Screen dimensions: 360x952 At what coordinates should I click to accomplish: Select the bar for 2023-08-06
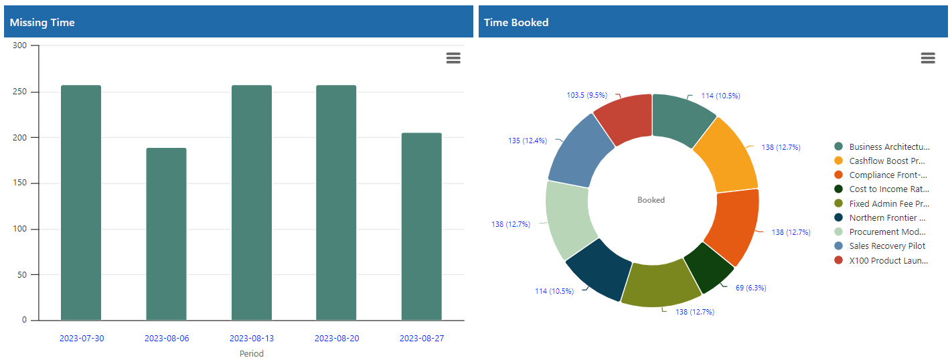[x=166, y=234]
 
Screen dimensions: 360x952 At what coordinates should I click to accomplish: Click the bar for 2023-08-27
[x=422, y=227]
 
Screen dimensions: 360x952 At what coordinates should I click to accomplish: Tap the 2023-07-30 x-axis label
[x=82, y=339]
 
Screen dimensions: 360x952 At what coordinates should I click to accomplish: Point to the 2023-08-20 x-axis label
[x=337, y=339]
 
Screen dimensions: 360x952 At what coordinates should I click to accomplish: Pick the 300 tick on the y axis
[x=19, y=46]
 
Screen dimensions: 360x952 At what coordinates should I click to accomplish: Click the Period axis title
[x=252, y=353]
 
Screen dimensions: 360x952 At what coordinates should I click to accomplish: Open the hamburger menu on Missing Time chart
[x=453, y=58]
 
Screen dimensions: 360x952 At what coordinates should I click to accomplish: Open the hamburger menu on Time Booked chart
[x=928, y=58]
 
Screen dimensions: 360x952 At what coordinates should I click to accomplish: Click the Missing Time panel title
[x=42, y=23]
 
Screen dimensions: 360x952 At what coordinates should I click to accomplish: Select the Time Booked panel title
[x=516, y=23]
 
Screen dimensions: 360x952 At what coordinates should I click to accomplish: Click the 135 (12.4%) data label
[x=528, y=141]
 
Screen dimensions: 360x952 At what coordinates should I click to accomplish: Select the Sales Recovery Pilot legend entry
[x=886, y=246]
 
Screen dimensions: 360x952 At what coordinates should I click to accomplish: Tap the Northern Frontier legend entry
[x=886, y=218]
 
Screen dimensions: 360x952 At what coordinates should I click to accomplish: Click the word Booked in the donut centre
[x=651, y=200]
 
